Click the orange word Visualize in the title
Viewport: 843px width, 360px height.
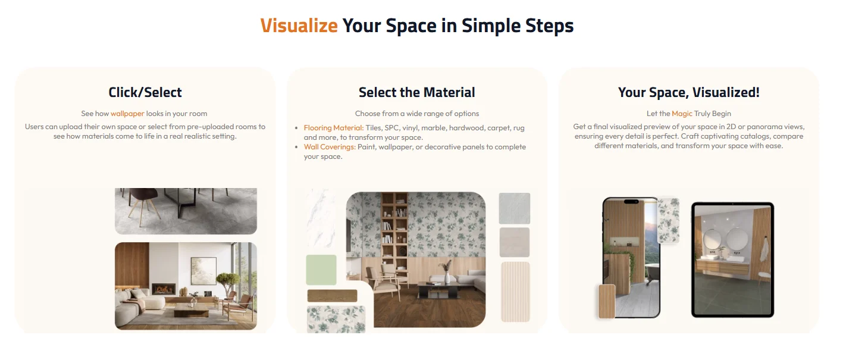tap(299, 26)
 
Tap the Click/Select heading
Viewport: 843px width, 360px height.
tap(145, 92)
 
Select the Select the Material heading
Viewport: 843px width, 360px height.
tap(416, 92)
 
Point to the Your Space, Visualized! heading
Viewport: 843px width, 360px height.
tap(688, 92)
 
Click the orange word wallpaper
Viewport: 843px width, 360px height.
tap(127, 114)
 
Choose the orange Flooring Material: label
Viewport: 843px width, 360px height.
tap(333, 128)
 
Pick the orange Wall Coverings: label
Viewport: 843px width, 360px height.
tap(330, 147)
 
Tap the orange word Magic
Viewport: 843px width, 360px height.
tap(682, 114)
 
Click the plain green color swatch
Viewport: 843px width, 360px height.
tap(321, 270)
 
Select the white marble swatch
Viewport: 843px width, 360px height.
tap(321, 218)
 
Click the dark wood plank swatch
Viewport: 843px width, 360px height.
tap(332, 296)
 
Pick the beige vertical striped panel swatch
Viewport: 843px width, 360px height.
tap(515, 292)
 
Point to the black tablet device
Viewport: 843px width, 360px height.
tap(732, 259)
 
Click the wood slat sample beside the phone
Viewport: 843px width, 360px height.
tap(606, 301)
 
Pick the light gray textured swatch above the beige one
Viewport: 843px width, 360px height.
tap(515, 208)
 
